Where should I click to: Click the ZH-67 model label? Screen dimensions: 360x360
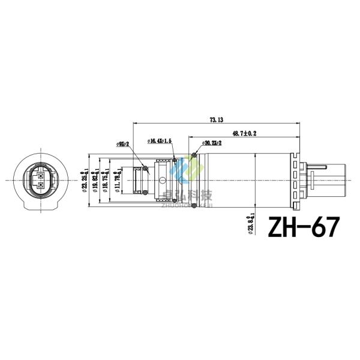(x=303, y=227)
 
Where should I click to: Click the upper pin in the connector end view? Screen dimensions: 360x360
(x=40, y=175)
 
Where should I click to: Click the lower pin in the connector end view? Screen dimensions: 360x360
(x=40, y=185)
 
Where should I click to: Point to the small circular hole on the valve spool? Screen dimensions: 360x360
(x=163, y=180)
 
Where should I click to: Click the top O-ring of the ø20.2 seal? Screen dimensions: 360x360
(x=191, y=158)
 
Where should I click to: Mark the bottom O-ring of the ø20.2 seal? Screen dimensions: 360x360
(x=191, y=202)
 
